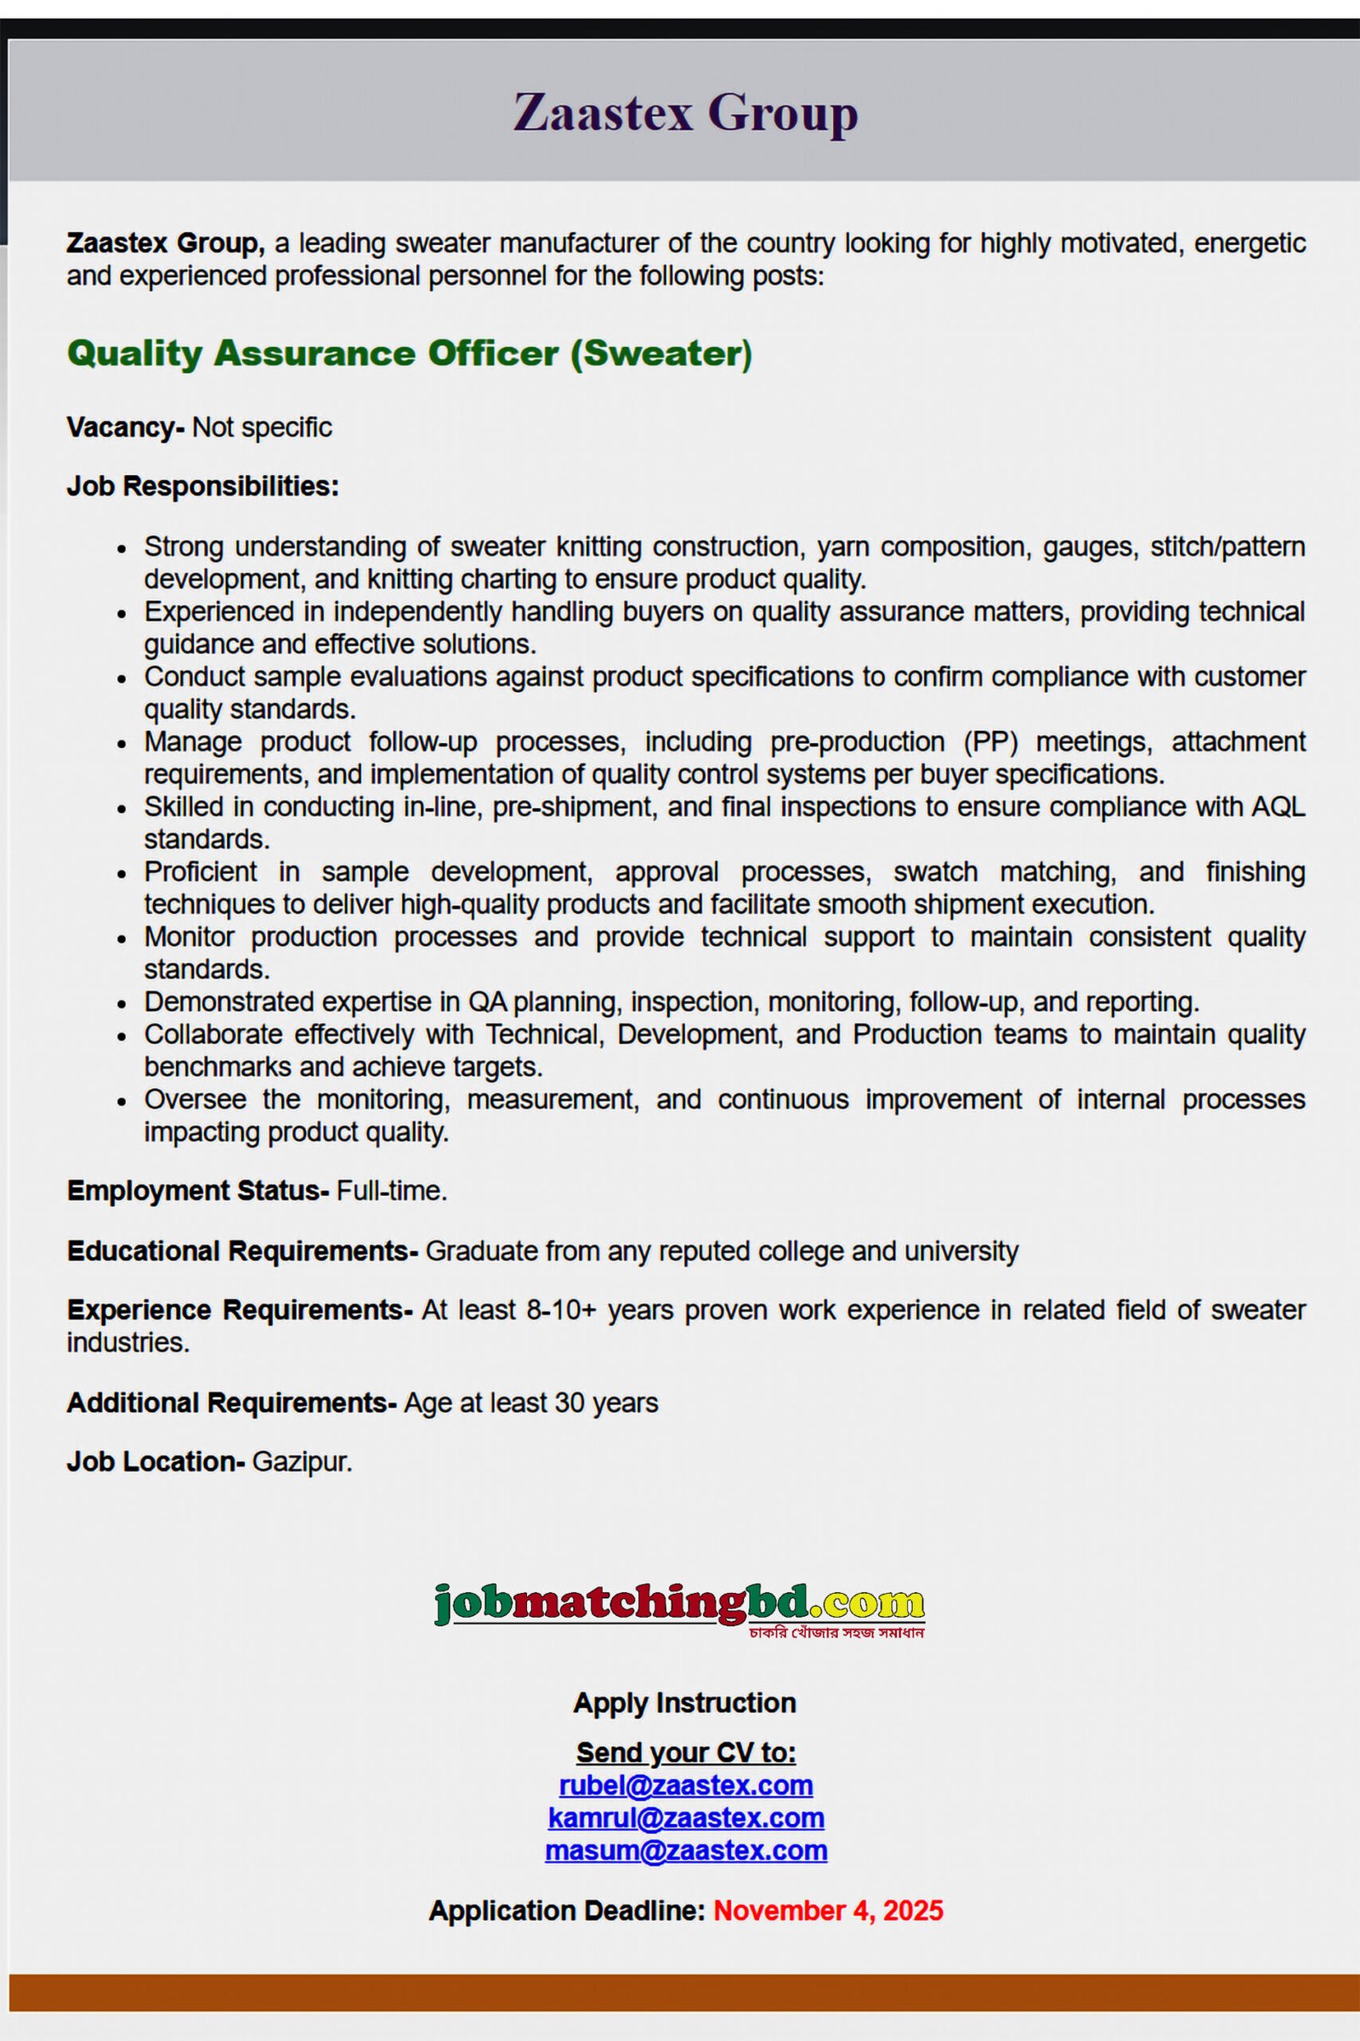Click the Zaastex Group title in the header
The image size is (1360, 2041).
(x=685, y=113)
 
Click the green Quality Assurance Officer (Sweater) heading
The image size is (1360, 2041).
(x=409, y=353)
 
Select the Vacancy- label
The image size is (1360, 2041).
(x=125, y=428)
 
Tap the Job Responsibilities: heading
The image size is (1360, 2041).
(x=202, y=485)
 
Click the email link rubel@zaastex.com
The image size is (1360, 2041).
(x=685, y=1785)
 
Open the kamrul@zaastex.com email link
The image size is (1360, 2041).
(x=685, y=1817)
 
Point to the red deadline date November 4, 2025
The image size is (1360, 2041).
(x=827, y=1910)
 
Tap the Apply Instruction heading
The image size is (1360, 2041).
(x=684, y=1703)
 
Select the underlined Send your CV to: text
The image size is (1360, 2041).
(x=685, y=1752)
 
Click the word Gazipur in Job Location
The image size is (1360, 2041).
(x=301, y=1461)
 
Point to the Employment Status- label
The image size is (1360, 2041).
(x=197, y=1190)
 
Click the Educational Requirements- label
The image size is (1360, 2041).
(x=242, y=1250)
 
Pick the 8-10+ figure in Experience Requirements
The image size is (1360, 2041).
(x=561, y=1309)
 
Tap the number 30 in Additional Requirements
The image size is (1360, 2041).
(x=568, y=1403)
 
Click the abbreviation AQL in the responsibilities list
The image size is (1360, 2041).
(x=1278, y=807)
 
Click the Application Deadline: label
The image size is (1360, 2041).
(x=566, y=1910)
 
